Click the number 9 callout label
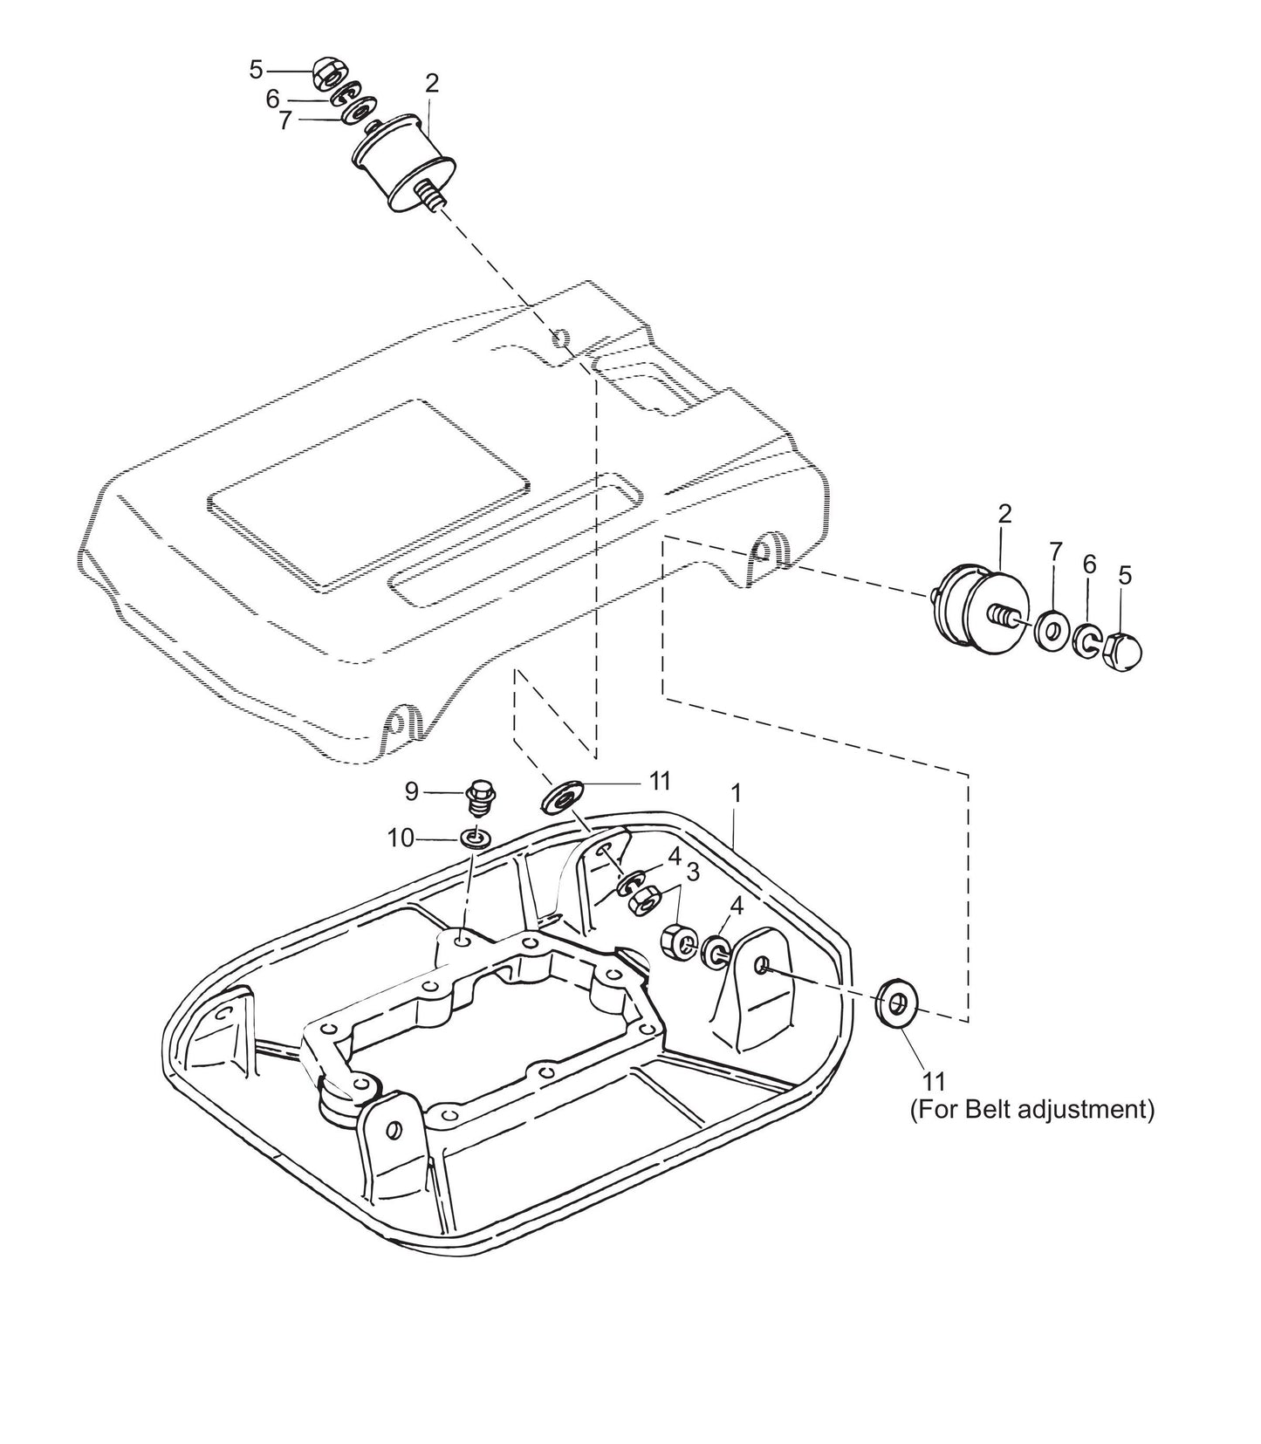tap(411, 791)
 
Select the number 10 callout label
tap(401, 838)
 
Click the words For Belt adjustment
tap(1031, 1110)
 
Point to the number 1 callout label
tap(736, 793)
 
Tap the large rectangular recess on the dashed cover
tap(367, 494)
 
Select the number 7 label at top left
tap(284, 121)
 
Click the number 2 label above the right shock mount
tap(1004, 514)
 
